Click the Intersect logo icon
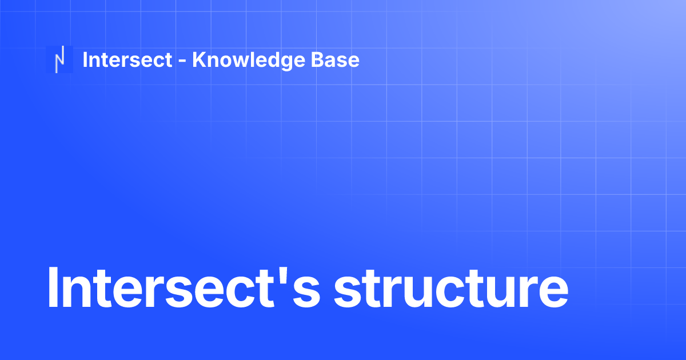coord(59,59)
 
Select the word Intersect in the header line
coord(127,59)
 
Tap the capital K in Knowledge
coord(198,59)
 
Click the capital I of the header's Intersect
coord(85,59)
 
